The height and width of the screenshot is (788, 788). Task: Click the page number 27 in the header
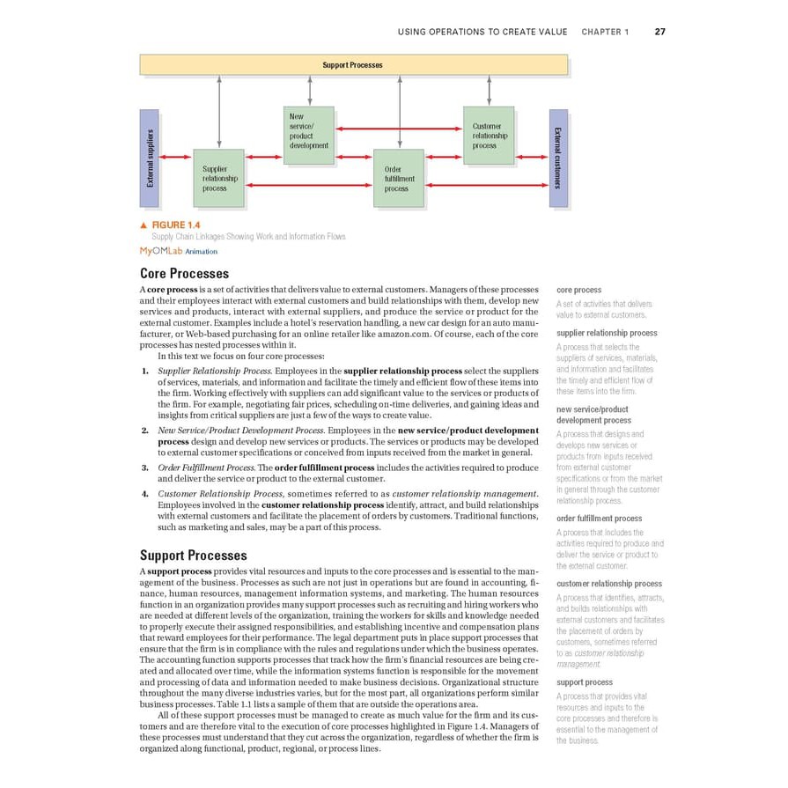pyautogui.click(x=659, y=32)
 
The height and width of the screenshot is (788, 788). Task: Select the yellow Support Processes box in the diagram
pyautogui.click(x=353, y=65)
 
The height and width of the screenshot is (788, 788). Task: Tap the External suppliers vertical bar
pyautogui.click(x=150, y=158)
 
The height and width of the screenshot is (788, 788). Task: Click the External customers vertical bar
pyautogui.click(x=558, y=158)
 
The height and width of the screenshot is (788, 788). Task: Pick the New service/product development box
pyautogui.click(x=310, y=136)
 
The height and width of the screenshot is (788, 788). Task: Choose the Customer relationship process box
pyautogui.click(x=488, y=136)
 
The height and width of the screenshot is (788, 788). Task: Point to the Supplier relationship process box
pyautogui.click(x=218, y=178)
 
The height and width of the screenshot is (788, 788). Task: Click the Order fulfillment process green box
pyautogui.click(x=398, y=178)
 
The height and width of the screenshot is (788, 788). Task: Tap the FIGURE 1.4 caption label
pyautogui.click(x=176, y=225)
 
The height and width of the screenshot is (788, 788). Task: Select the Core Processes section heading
pyautogui.click(x=184, y=274)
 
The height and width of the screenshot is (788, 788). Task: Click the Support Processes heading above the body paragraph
pyautogui.click(x=193, y=556)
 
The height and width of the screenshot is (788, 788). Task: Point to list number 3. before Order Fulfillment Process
pyautogui.click(x=145, y=468)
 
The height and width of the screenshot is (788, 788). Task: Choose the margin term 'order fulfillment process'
pyautogui.click(x=600, y=519)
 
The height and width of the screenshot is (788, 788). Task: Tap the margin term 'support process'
pyautogui.click(x=585, y=682)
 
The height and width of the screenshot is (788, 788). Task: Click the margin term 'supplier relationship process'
pyautogui.click(x=607, y=333)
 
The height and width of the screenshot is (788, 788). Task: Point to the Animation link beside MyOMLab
pyautogui.click(x=201, y=252)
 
